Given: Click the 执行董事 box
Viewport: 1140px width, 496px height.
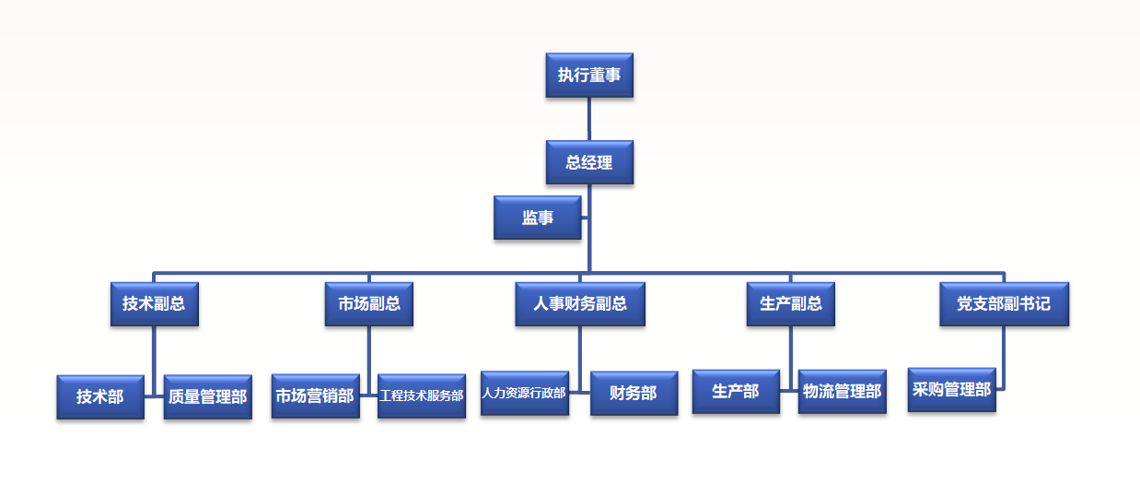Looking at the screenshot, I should tap(589, 76).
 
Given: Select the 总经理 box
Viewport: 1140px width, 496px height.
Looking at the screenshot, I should tap(589, 162).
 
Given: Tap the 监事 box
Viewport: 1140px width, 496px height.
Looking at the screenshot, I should tap(538, 218).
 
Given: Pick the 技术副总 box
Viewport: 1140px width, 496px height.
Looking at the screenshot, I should tap(154, 304).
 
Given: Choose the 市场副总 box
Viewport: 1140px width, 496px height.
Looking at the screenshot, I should tap(369, 304).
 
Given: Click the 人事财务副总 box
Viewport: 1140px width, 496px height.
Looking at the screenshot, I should tap(580, 304).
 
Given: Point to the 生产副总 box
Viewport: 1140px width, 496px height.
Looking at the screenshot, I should tap(791, 304).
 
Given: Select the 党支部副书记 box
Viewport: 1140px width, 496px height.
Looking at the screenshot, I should tap(1004, 304).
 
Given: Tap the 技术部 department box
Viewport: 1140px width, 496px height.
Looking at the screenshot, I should tap(100, 397).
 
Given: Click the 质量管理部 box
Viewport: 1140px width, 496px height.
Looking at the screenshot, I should tap(208, 397).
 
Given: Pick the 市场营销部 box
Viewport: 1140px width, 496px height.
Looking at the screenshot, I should tap(315, 396).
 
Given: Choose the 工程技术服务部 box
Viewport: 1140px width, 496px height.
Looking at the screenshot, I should tap(422, 396).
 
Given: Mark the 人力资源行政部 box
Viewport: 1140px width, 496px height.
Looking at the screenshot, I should tap(525, 393).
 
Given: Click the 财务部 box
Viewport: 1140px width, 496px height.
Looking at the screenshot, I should tap(634, 393).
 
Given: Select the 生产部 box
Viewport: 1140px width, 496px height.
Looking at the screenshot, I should tap(736, 392).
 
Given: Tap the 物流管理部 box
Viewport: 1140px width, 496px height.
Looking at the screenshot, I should tap(843, 392).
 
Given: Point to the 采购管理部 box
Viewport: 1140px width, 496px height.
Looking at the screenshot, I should tap(952, 390).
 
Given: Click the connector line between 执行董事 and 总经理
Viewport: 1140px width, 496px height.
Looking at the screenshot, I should tap(589, 119).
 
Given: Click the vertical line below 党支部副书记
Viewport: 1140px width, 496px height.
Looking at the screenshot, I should tap(1004, 355).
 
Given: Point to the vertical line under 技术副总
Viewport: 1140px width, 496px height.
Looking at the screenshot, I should tap(154, 355).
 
